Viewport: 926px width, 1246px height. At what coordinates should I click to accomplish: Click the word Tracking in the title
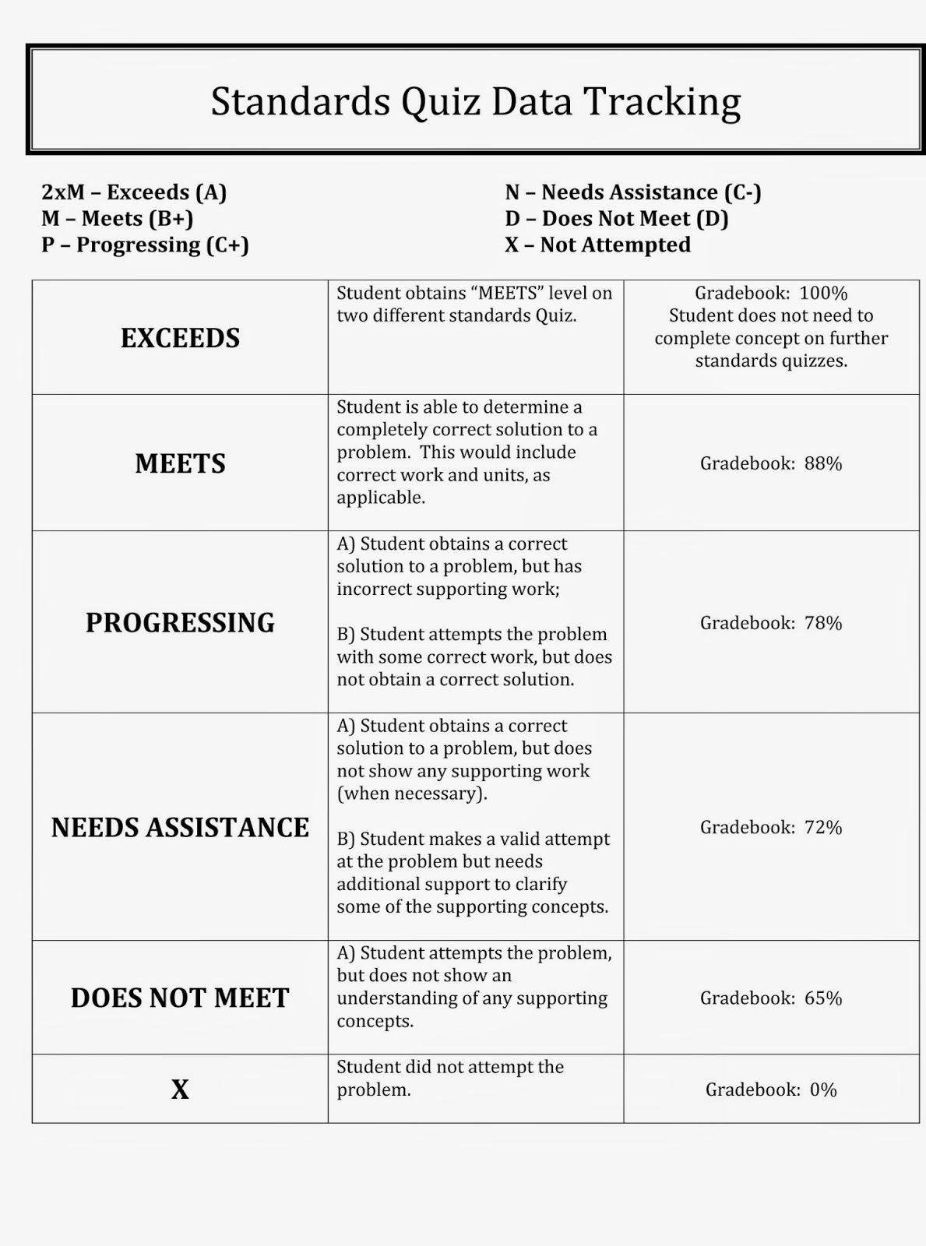tap(661, 102)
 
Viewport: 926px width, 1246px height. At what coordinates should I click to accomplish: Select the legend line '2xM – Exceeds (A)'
tap(134, 192)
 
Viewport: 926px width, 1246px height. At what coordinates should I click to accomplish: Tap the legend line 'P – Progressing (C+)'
tap(145, 245)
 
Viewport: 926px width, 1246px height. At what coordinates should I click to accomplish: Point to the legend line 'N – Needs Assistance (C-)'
tap(632, 192)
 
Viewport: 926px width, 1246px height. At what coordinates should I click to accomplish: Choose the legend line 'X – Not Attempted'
tap(597, 245)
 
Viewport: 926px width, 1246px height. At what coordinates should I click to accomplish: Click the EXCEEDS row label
tap(180, 338)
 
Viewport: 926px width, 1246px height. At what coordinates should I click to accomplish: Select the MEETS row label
tap(180, 463)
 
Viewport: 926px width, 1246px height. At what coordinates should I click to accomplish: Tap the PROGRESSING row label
tap(180, 623)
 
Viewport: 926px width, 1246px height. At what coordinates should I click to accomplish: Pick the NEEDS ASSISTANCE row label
tap(180, 827)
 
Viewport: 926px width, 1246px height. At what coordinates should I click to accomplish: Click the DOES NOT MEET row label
tap(180, 998)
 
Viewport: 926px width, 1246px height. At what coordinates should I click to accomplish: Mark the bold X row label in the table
tap(180, 1089)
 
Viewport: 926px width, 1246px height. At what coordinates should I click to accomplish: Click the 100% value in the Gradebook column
tap(823, 294)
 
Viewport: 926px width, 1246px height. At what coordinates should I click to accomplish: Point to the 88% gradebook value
tap(823, 463)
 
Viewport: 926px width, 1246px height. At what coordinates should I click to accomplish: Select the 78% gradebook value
tap(823, 623)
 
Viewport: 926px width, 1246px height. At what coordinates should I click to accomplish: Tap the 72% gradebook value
tap(823, 827)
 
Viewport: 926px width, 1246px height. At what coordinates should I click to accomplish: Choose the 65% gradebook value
tap(823, 998)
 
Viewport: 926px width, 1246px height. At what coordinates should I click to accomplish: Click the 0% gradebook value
tap(823, 1089)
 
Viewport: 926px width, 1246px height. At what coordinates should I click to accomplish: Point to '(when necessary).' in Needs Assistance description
tap(412, 794)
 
